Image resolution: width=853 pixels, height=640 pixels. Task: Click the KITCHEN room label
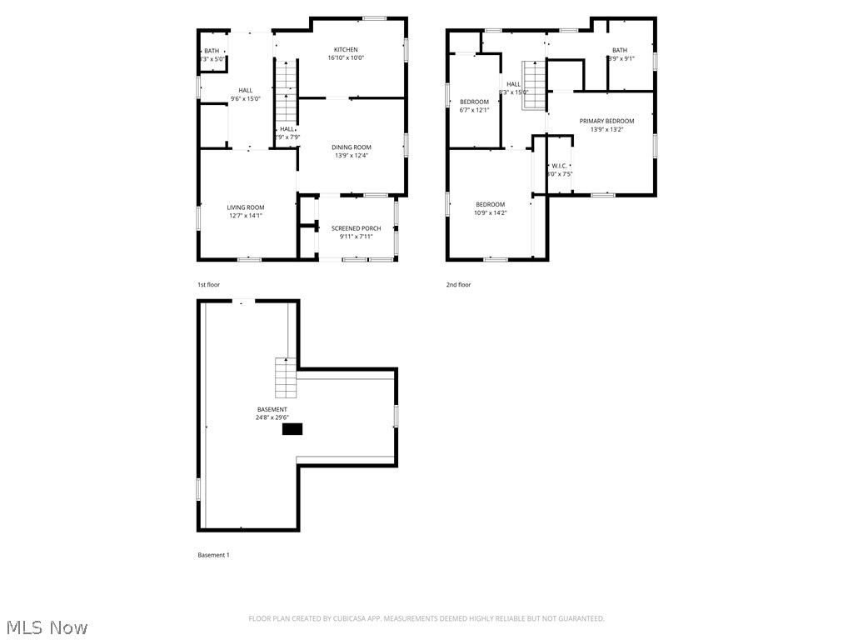click(x=346, y=50)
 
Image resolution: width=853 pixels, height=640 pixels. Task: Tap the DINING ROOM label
click(x=352, y=147)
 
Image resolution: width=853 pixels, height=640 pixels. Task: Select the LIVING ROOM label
click(x=246, y=207)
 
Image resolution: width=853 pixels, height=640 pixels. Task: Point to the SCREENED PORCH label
click(x=356, y=228)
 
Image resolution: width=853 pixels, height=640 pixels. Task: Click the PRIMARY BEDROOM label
click(x=606, y=121)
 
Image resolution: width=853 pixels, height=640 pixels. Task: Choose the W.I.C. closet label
click(x=559, y=166)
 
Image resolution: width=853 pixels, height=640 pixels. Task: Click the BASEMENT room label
click(x=272, y=409)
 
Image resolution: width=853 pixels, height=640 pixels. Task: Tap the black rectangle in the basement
click(x=292, y=429)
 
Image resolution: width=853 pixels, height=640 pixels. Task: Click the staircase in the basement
click(x=286, y=377)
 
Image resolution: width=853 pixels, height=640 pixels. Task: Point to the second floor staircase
click(x=534, y=86)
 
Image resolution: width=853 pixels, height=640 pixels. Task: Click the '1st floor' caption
click(x=209, y=285)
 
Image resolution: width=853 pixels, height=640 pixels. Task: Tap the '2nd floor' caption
click(x=458, y=285)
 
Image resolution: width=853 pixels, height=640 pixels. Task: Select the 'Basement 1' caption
click(x=213, y=555)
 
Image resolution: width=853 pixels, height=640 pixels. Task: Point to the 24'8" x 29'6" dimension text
click(x=272, y=417)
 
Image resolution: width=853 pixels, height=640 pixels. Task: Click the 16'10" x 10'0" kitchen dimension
click(x=346, y=58)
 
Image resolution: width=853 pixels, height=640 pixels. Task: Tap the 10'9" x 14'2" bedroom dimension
click(x=491, y=213)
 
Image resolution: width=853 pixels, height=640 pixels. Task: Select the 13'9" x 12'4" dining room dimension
click(x=352, y=156)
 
